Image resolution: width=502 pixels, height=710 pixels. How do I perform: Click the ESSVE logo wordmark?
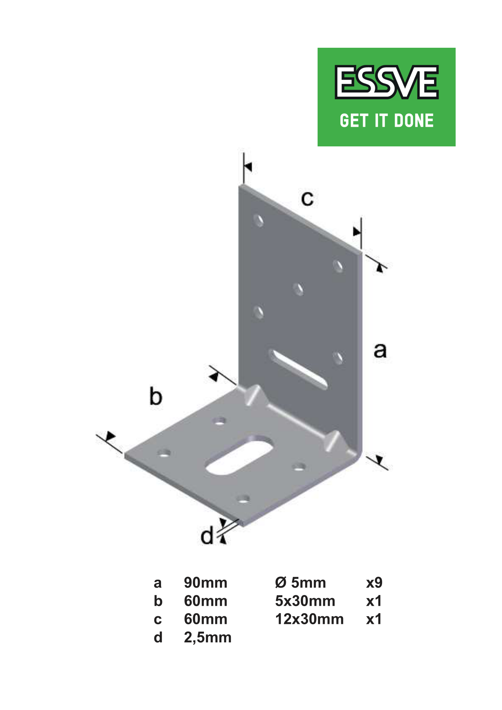click(x=386, y=82)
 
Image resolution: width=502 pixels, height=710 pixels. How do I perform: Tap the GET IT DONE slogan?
click(x=387, y=121)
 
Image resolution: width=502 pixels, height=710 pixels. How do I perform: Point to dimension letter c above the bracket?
click(x=307, y=199)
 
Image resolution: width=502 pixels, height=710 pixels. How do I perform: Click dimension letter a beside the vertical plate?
click(x=380, y=351)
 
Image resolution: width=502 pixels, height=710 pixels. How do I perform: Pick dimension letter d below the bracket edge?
click(x=207, y=535)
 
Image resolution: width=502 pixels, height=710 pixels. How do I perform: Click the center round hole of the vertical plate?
click(x=298, y=289)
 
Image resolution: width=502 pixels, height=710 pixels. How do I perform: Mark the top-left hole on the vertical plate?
click(x=258, y=221)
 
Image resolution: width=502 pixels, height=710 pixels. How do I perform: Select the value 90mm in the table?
click(x=206, y=583)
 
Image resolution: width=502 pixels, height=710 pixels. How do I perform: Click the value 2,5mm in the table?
click(x=208, y=638)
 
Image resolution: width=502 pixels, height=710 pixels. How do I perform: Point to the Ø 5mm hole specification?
click(x=301, y=583)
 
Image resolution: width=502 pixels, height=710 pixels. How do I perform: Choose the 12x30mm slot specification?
click(x=310, y=619)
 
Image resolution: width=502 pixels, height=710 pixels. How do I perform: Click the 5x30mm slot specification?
click(x=305, y=601)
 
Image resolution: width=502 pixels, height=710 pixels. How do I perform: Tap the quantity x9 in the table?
click(x=374, y=583)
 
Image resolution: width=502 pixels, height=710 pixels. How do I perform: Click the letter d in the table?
click(x=158, y=638)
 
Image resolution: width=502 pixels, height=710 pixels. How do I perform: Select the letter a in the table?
click(x=158, y=583)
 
